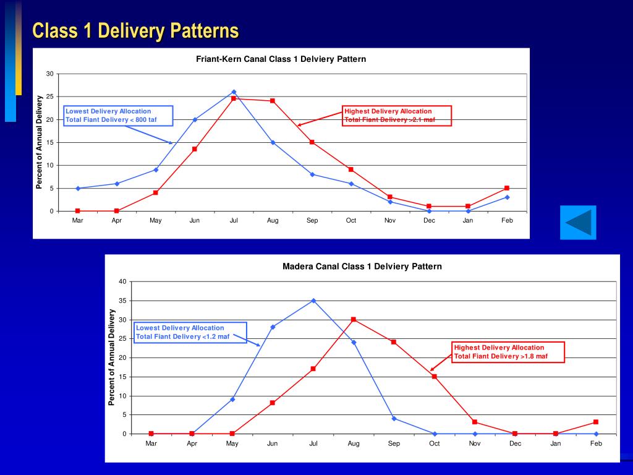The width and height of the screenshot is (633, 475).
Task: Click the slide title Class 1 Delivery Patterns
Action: (x=135, y=30)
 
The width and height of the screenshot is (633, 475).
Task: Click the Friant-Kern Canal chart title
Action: (x=281, y=59)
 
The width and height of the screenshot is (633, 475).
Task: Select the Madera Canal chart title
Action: (x=362, y=267)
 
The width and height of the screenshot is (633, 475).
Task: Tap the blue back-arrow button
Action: (x=578, y=222)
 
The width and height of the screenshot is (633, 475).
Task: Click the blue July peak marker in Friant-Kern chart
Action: (x=234, y=92)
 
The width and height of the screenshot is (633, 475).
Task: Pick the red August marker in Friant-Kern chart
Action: (x=273, y=101)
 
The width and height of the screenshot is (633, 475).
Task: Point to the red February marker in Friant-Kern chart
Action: (x=507, y=188)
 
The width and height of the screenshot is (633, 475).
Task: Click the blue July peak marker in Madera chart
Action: (x=313, y=301)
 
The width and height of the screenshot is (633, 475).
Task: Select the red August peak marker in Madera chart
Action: (x=354, y=319)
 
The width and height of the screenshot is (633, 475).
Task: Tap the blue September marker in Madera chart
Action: (x=394, y=418)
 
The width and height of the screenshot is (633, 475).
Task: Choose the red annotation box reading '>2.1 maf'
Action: (x=397, y=116)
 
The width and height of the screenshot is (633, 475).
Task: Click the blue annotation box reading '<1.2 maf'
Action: (x=190, y=332)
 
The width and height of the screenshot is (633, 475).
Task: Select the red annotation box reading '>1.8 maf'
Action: (x=508, y=352)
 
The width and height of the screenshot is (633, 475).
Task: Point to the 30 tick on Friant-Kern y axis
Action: (x=50, y=74)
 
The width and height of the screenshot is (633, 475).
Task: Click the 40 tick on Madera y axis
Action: (x=122, y=281)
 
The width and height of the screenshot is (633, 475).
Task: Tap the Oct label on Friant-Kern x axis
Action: (x=351, y=220)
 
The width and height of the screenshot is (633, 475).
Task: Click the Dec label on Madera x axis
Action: (x=516, y=443)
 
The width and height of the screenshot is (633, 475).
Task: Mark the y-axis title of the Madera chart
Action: (x=112, y=357)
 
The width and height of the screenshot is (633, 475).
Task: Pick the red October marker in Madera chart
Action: (x=435, y=376)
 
